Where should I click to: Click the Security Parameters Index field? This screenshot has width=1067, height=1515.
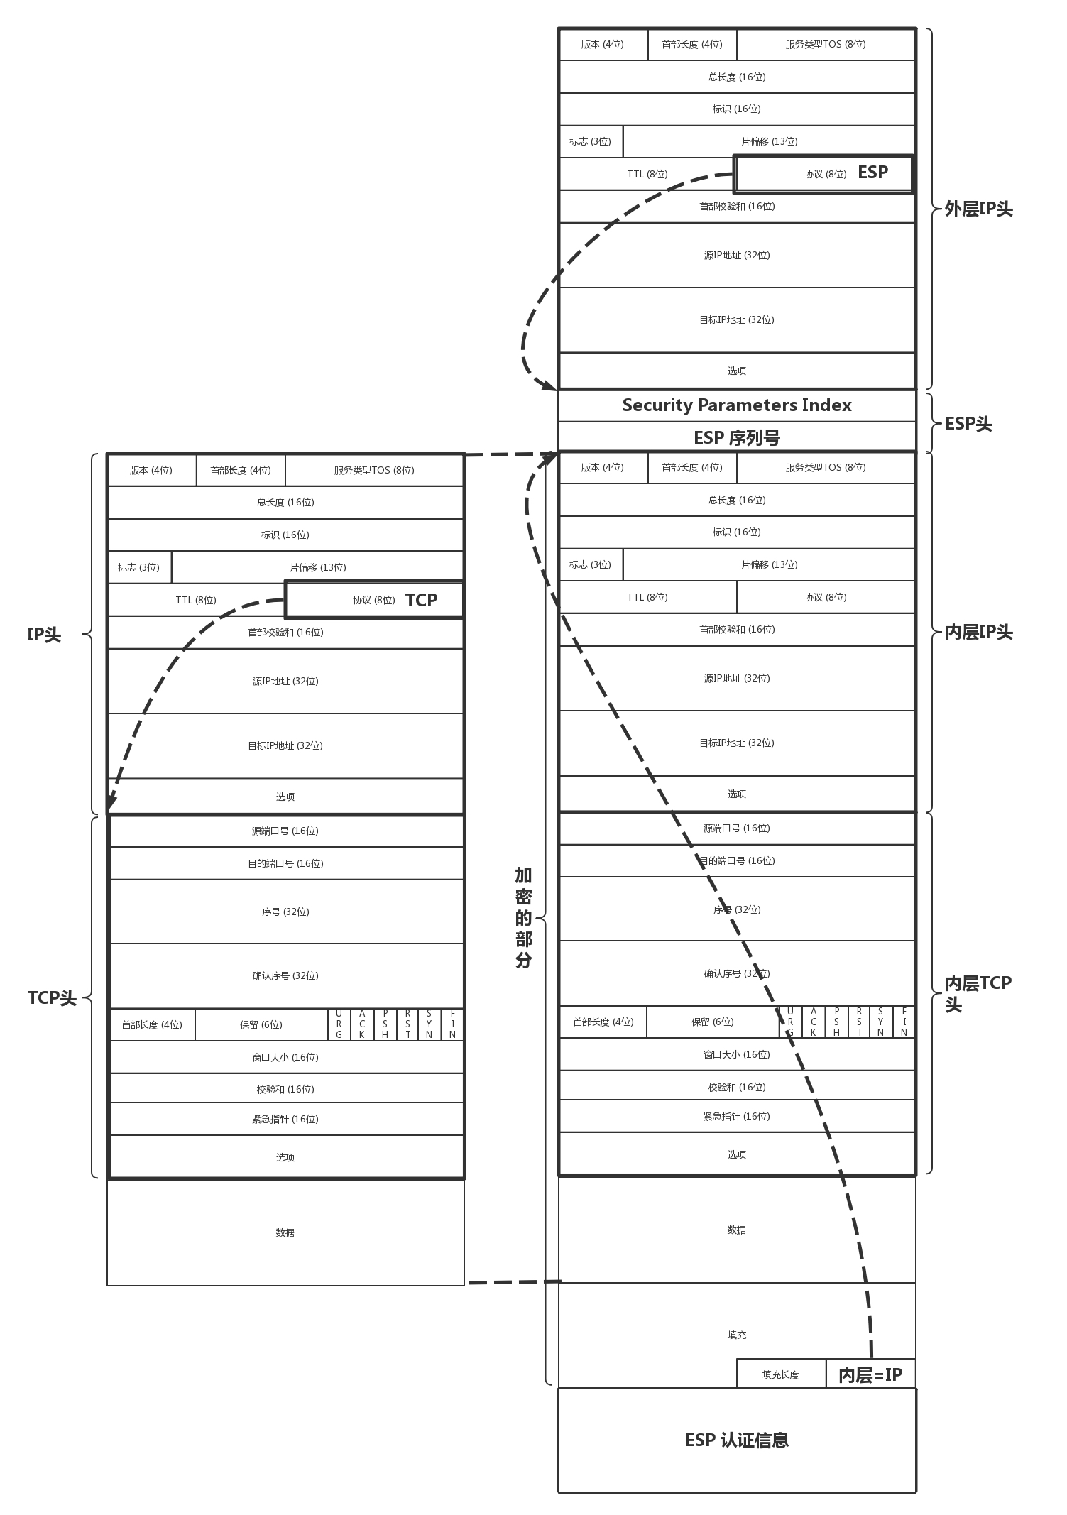click(736, 405)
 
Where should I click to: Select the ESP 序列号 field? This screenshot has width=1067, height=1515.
click(736, 437)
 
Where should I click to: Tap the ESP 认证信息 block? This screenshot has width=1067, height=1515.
click(736, 1440)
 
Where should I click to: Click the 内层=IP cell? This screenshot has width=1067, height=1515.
click(870, 1375)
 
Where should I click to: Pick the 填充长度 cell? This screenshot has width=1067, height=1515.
click(780, 1375)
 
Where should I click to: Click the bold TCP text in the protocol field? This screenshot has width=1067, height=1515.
click(421, 601)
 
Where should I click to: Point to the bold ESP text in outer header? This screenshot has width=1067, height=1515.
click(872, 173)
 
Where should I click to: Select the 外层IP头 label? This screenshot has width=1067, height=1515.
click(978, 209)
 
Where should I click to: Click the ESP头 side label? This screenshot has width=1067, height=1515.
click(968, 424)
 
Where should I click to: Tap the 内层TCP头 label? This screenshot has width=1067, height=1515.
click(977, 992)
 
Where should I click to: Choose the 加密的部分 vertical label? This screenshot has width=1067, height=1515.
click(523, 917)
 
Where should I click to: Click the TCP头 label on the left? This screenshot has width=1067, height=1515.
click(52, 998)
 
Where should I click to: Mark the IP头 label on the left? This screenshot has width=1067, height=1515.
click(44, 635)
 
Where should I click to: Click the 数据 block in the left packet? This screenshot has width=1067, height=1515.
click(285, 1233)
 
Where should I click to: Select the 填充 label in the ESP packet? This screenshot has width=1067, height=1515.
click(736, 1335)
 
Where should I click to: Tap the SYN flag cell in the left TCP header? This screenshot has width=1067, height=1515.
click(429, 1024)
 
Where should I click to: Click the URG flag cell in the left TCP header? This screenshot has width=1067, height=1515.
click(339, 1024)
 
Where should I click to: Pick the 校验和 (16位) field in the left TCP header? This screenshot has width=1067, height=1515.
click(285, 1089)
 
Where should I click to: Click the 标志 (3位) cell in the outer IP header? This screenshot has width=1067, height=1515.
click(590, 141)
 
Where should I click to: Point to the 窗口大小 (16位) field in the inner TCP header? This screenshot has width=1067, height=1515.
click(736, 1054)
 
